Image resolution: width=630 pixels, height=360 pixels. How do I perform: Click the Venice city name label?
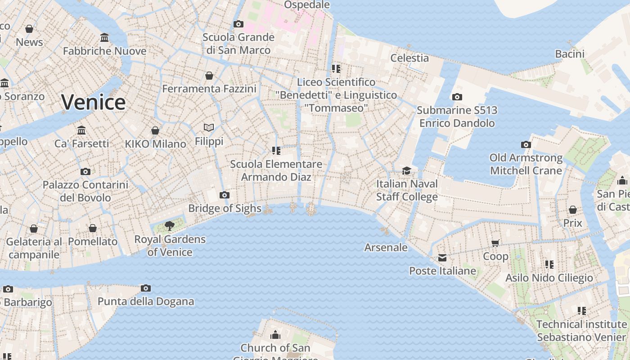(x=93, y=102)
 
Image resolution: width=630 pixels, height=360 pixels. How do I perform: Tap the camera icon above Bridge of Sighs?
(x=224, y=195)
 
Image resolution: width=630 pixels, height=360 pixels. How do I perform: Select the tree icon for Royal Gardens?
(x=169, y=225)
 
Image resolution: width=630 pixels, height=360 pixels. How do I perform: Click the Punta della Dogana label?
(x=146, y=301)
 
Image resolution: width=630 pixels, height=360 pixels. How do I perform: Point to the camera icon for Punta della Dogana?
(x=145, y=288)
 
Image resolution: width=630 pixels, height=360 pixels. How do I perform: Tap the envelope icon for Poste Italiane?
(x=442, y=258)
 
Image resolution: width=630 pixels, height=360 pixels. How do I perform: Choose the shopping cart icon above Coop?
(x=495, y=243)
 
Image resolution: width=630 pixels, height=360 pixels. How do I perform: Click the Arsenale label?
(x=386, y=247)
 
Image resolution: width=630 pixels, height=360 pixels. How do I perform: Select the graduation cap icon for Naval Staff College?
(x=406, y=171)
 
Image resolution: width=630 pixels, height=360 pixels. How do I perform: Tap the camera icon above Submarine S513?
(x=457, y=97)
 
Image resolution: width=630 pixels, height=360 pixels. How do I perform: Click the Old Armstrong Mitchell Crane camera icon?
(x=526, y=144)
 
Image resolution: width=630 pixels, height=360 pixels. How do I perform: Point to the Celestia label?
(x=409, y=58)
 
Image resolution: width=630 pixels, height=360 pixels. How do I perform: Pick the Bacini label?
(x=570, y=54)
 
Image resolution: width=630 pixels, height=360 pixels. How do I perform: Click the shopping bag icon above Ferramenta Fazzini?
(x=209, y=76)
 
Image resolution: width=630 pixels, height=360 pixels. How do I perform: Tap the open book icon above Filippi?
(x=208, y=128)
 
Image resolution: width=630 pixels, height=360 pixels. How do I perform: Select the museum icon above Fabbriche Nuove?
(x=104, y=37)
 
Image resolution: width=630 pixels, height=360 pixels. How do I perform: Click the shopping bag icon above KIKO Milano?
(x=155, y=130)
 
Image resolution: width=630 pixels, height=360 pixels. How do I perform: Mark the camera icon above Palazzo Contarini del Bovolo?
(x=85, y=171)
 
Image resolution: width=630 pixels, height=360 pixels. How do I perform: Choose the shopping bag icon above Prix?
(x=572, y=210)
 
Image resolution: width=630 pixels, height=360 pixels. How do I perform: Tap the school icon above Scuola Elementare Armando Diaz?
(x=276, y=150)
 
